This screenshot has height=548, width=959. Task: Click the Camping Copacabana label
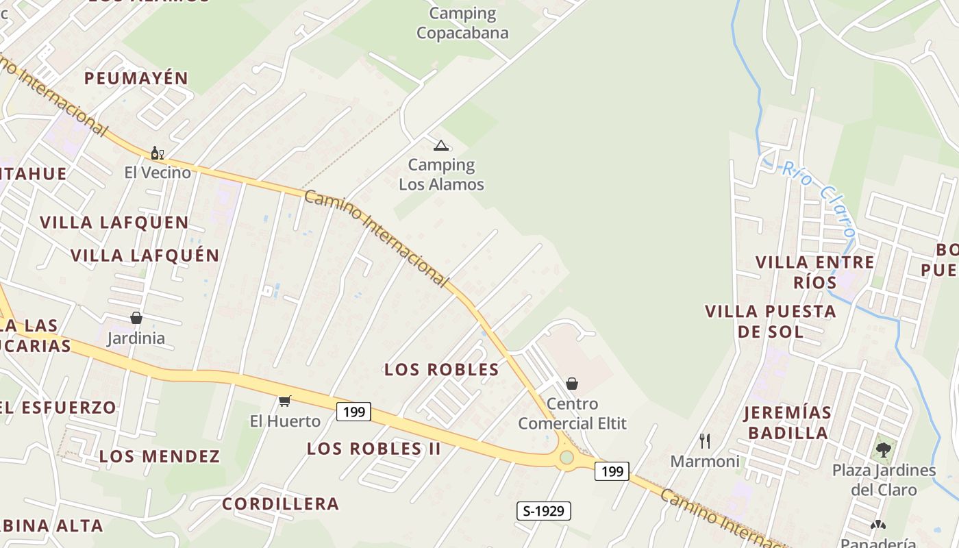point(462,23)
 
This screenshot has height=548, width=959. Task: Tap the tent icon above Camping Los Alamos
point(440,145)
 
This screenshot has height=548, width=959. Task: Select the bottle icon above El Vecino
point(157,153)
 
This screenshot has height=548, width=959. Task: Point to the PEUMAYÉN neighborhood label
point(136,78)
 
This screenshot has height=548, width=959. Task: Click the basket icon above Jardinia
point(136,318)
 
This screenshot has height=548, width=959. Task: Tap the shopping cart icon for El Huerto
point(284,401)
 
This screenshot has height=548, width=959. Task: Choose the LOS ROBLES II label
point(373,449)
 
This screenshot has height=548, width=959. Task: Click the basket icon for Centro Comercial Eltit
point(572,384)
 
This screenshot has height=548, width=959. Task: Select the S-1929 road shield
point(543,510)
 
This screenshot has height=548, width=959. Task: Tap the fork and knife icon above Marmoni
point(704,440)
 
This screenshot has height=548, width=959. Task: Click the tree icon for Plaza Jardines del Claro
point(884,450)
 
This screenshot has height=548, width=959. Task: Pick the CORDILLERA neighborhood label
point(281,504)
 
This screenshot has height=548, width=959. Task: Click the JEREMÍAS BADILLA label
point(788,423)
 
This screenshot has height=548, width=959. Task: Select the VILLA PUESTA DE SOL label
point(771,321)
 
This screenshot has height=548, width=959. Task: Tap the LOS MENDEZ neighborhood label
point(160,456)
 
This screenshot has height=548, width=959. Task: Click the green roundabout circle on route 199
point(566,457)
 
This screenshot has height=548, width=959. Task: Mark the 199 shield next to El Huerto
point(353,412)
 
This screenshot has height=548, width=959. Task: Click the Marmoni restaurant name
point(705,462)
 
